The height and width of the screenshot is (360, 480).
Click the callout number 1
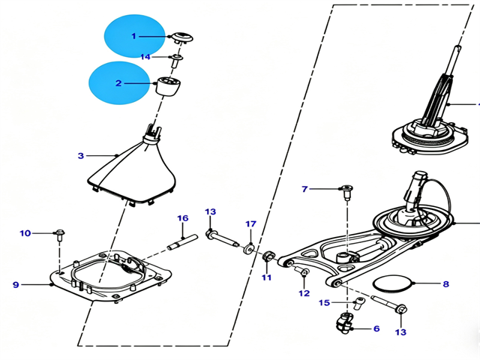[133, 36]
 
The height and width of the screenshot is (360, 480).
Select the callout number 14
[145, 57]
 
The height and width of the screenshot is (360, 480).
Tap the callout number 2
[118, 83]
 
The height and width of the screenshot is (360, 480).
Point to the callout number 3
[80, 155]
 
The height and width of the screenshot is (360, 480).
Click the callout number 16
[183, 218]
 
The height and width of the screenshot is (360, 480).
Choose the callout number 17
[250, 224]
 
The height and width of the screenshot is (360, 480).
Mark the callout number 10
[25, 233]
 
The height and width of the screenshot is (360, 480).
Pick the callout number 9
[16, 285]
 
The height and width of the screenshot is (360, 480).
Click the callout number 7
[304, 189]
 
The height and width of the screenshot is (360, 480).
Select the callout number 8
[446, 284]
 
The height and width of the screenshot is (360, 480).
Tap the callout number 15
[325, 303]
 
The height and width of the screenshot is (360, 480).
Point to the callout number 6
[376, 328]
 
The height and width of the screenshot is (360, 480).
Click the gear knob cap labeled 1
[182, 37]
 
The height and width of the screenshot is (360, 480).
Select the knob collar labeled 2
[168, 87]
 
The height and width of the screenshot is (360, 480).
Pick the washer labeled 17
[248, 248]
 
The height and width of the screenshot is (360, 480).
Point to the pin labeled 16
[182, 241]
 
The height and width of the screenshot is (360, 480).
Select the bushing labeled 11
[268, 256]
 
